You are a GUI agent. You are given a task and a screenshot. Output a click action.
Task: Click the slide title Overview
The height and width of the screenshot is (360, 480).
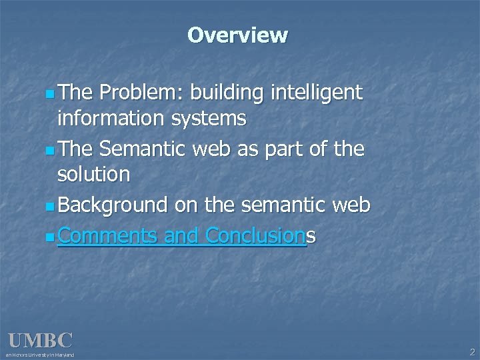(x=237, y=35)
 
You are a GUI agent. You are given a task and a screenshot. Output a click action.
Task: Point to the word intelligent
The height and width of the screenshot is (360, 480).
(x=317, y=93)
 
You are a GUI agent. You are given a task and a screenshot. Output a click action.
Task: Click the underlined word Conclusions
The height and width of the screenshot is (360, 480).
(x=261, y=235)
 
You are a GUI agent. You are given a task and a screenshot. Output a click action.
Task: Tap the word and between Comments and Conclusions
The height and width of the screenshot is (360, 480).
(x=182, y=235)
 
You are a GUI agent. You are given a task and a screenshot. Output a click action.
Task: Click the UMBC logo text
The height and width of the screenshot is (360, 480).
(x=40, y=341)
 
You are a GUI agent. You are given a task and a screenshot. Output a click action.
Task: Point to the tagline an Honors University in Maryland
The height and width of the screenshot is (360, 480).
(x=41, y=355)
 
